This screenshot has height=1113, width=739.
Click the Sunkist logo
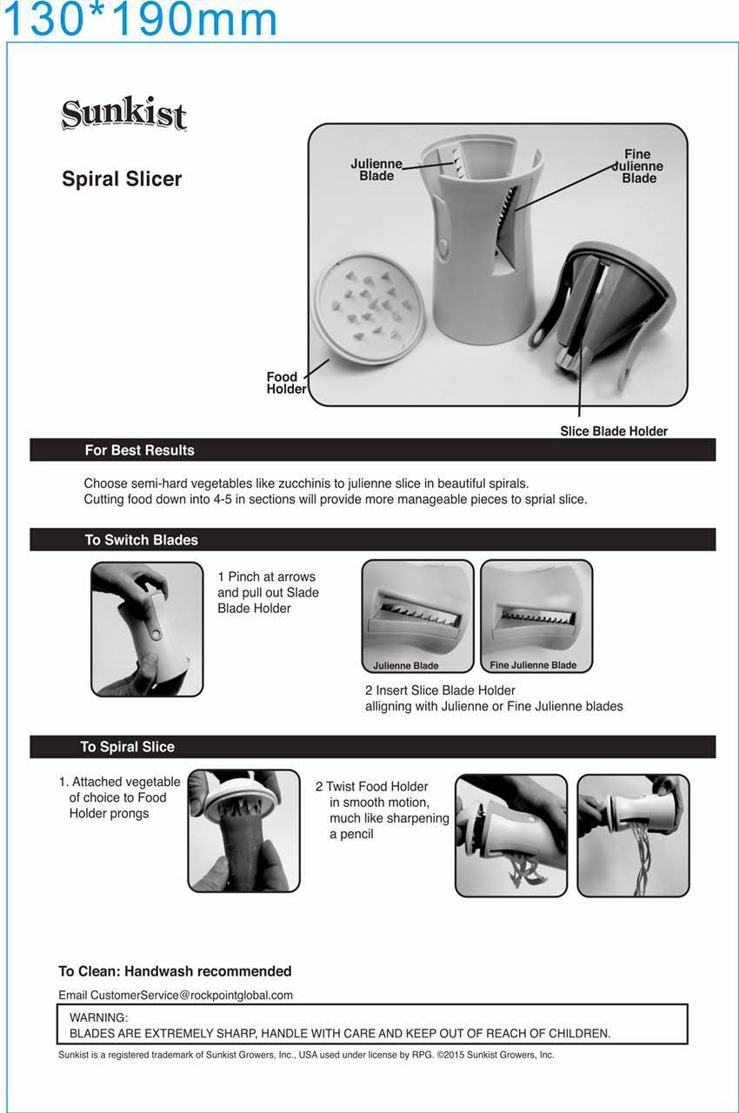pyautogui.click(x=123, y=113)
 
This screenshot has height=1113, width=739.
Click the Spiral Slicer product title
pyautogui.click(x=122, y=179)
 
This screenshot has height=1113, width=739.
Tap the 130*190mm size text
pyautogui.click(x=140, y=19)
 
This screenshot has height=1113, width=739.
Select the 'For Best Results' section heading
pyautogui.click(x=140, y=450)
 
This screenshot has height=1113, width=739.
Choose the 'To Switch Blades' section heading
pyautogui.click(x=142, y=540)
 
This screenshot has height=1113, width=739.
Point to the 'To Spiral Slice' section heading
pyautogui.click(x=128, y=747)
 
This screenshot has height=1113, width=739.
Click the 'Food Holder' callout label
pyautogui.click(x=286, y=383)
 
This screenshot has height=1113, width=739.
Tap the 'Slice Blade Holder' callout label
pyautogui.click(x=613, y=430)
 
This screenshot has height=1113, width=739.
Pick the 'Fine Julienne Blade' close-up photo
pyautogui.click(x=536, y=616)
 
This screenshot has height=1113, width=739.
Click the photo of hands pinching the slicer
pyautogui.click(x=147, y=629)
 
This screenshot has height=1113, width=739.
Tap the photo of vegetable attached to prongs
pyautogui.click(x=243, y=830)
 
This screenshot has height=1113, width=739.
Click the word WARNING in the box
pyautogui.click(x=98, y=1017)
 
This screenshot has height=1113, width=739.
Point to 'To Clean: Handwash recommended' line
pyautogui.click(x=175, y=971)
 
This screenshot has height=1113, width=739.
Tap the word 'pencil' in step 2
pyautogui.click(x=356, y=834)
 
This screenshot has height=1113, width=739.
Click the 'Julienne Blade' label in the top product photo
pyautogui.click(x=376, y=170)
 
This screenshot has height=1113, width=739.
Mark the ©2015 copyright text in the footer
pyautogui.click(x=496, y=1055)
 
